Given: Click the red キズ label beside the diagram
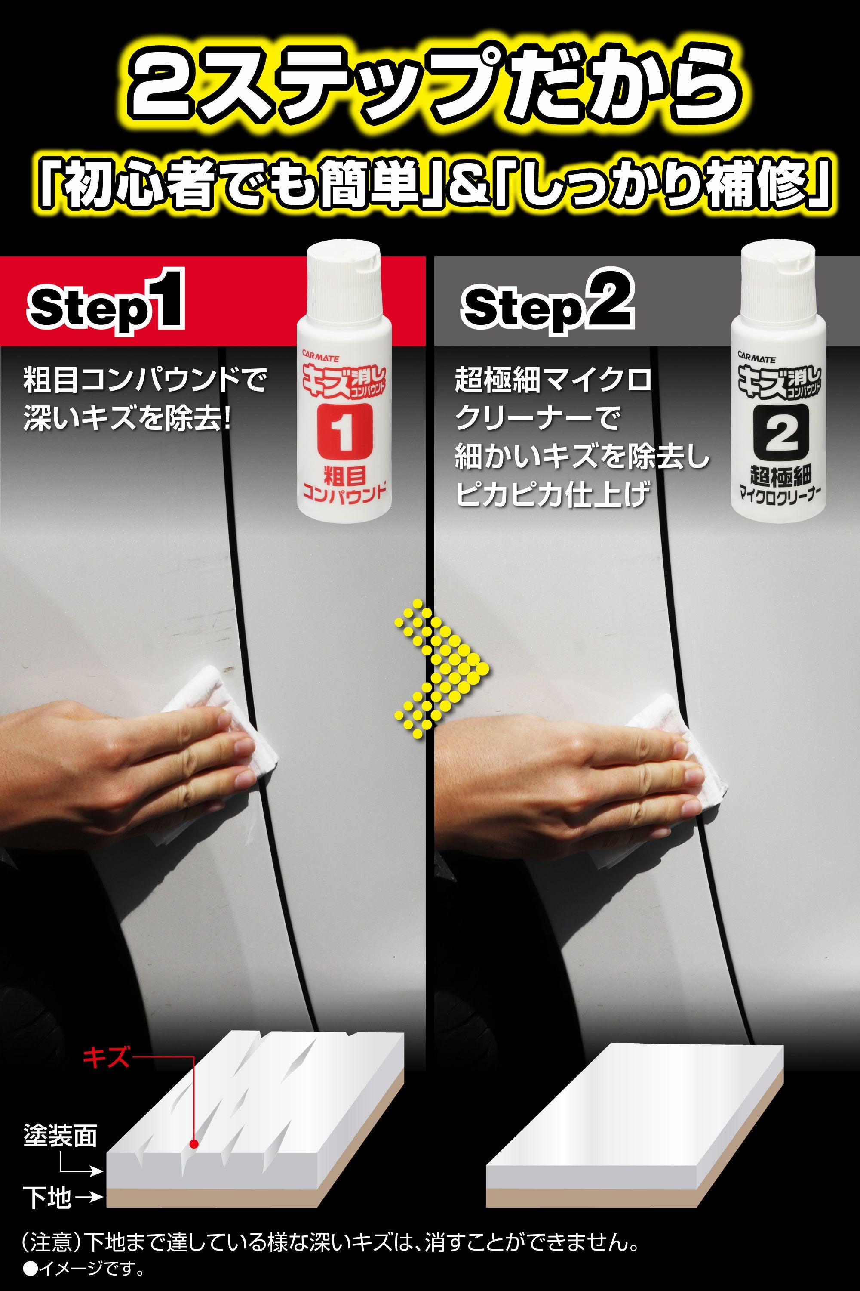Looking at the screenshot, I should tap(106, 1056).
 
